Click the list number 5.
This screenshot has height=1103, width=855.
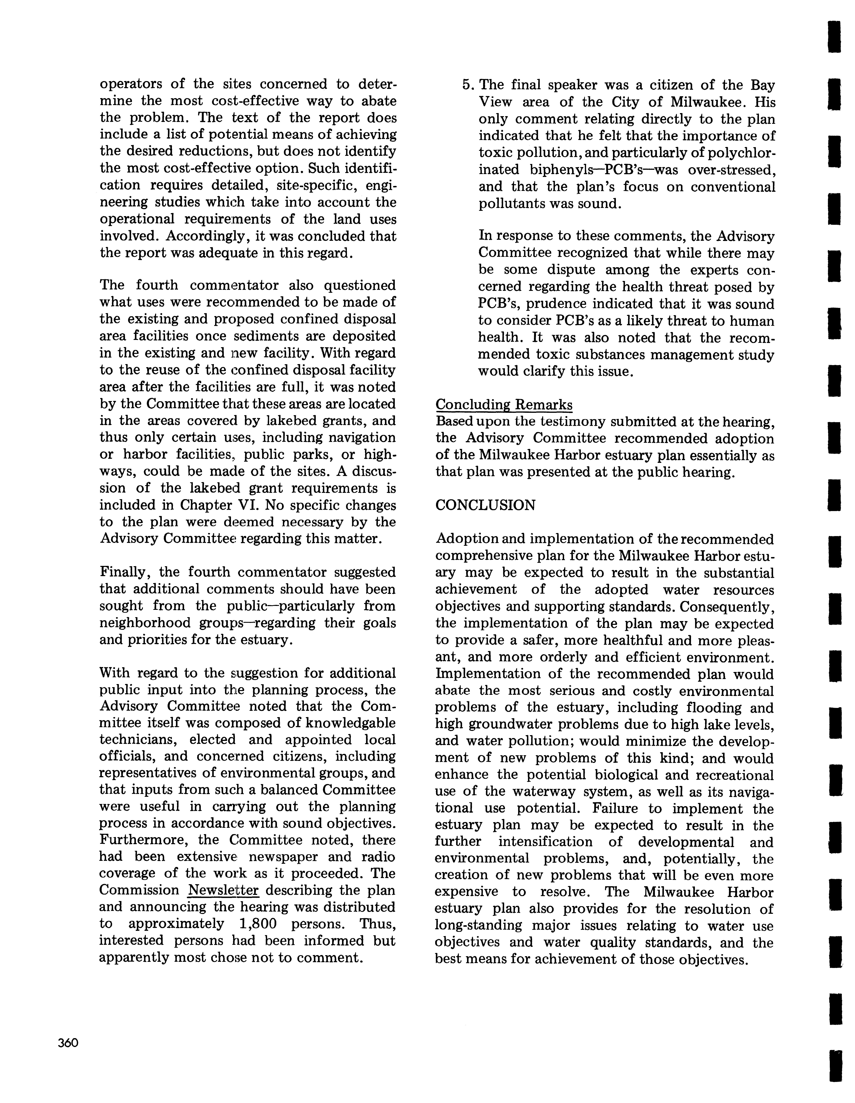point(467,85)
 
